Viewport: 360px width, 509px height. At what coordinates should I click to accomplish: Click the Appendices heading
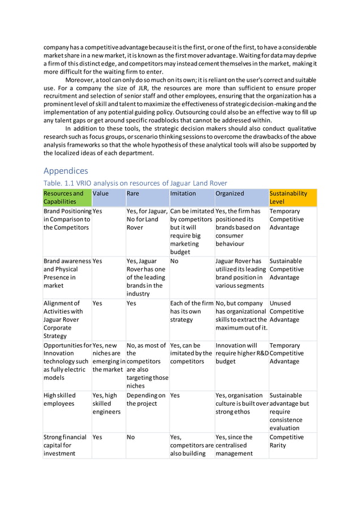click(x=66, y=170)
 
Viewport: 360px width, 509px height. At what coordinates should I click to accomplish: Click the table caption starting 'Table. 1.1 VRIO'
click(x=135, y=183)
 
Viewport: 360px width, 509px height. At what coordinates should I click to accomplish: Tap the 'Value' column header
click(x=101, y=193)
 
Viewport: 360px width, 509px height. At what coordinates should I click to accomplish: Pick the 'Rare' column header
click(x=133, y=193)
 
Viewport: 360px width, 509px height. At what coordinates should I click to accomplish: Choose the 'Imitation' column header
click(x=183, y=193)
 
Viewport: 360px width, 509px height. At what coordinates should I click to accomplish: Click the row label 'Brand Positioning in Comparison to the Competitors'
click(x=67, y=219)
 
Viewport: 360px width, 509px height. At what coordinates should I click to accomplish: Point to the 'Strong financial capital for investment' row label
click(x=64, y=445)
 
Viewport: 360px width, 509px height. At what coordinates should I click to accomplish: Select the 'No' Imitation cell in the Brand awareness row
click(x=174, y=261)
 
